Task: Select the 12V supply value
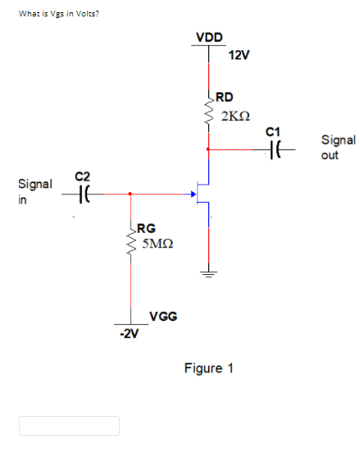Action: pyautogui.click(x=239, y=55)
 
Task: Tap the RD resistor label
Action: pyautogui.click(x=225, y=97)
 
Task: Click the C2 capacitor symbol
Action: pyautogui.click(x=82, y=195)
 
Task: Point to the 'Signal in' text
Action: pyautogui.click(x=34, y=191)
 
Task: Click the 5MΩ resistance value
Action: pyautogui.click(x=155, y=245)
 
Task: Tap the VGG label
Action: pyautogui.click(x=163, y=316)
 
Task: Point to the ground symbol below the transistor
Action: pyautogui.click(x=209, y=273)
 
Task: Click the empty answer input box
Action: pyautogui.click(x=70, y=425)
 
